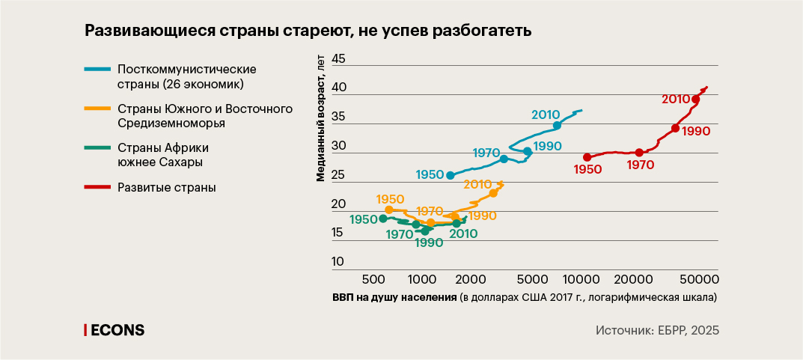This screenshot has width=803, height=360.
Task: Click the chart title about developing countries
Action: (308, 31)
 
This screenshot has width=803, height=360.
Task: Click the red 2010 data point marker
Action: (696, 100)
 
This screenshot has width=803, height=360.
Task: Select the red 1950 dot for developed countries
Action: (587, 157)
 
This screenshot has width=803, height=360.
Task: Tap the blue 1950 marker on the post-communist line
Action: (451, 175)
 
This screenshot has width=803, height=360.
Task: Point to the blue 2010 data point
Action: (557, 126)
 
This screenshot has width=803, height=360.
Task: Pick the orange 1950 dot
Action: (389, 210)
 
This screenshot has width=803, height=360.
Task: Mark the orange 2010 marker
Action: (493, 193)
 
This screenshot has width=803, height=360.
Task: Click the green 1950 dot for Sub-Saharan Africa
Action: (383, 219)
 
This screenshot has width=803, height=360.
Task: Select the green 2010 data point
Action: (457, 223)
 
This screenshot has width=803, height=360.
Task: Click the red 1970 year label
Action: (641, 165)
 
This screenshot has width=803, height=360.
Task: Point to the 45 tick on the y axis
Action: (338, 59)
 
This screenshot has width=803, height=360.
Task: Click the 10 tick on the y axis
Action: (338, 262)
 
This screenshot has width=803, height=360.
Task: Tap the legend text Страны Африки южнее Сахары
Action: (162, 153)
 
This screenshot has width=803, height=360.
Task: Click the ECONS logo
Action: (115, 330)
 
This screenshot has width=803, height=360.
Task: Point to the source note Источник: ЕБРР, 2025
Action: (657, 330)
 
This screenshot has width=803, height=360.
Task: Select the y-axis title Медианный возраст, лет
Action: (321, 120)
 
